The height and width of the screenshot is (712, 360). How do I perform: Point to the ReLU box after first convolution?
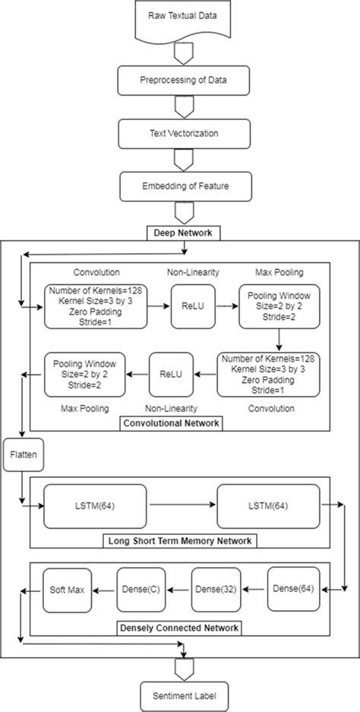pos(188,307)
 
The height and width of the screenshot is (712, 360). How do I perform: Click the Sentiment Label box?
pos(181,694)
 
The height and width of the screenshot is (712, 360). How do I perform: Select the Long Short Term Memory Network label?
pos(181,541)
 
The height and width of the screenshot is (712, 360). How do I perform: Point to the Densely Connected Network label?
pos(180,628)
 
